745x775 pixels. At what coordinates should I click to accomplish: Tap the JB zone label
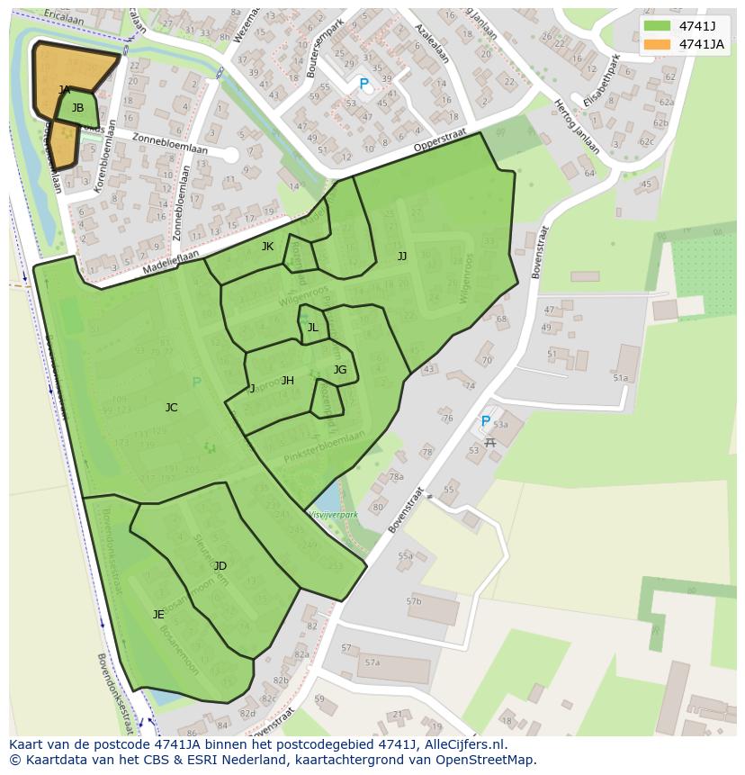click(x=77, y=108)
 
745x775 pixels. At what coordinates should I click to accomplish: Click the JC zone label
click(x=171, y=408)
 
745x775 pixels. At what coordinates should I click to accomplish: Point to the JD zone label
click(x=220, y=566)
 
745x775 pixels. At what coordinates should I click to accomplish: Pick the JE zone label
click(x=158, y=615)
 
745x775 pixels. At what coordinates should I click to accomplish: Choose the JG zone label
click(x=339, y=370)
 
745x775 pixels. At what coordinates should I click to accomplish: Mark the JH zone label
click(x=287, y=381)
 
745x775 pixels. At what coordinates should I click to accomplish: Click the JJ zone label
click(x=402, y=257)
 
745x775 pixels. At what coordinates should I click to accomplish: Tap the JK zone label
click(x=267, y=247)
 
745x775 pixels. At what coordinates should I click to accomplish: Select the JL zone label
click(x=312, y=328)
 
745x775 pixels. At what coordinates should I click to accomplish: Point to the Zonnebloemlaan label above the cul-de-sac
click(x=169, y=143)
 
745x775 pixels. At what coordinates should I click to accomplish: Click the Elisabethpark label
click(x=602, y=82)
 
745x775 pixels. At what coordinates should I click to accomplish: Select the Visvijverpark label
click(x=333, y=515)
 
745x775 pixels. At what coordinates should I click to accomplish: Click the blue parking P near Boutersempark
click(x=364, y=85)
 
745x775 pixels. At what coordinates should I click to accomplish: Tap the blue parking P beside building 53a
click(x=486, y=421)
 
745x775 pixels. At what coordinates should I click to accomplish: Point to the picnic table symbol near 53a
click(x=490, y=442)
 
